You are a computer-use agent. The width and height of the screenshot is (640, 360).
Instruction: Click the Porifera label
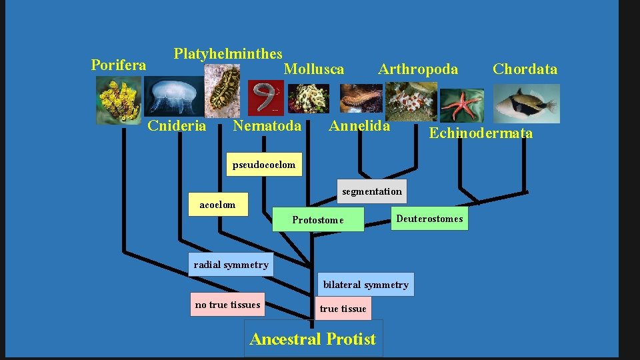(x=118, y=65)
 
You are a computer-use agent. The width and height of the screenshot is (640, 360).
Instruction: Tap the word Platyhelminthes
(x=228, y=54)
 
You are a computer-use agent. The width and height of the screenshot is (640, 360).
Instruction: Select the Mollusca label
(x=314, y=69)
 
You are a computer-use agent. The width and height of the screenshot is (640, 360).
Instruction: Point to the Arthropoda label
(x=418, y=69)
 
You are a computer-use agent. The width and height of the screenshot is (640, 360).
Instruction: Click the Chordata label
(x=525, y=69)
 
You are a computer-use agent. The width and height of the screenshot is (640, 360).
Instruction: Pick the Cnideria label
(x=177, y=126)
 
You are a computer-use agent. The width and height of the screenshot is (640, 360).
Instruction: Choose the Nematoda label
(x=267, y=126)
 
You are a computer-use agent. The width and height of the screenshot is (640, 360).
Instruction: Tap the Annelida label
(x=359, y=126)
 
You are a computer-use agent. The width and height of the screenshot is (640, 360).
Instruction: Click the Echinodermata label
(x=481, y=133)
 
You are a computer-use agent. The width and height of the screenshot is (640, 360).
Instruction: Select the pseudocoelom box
(x=264, y=165)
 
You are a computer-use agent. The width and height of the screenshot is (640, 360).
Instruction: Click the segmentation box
(x=372, y=191)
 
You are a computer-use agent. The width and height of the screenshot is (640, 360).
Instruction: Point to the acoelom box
(x=217, y=205)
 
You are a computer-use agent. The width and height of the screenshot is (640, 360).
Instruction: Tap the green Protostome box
(x=319, y=220)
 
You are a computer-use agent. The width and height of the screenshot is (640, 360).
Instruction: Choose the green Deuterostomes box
(x=429, y=219)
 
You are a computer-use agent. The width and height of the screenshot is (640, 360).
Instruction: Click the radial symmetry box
(x=231, y=265)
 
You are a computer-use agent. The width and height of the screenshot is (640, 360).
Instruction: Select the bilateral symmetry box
(x=366, y=285)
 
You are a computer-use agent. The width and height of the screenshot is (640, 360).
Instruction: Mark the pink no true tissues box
(x=227, y=305)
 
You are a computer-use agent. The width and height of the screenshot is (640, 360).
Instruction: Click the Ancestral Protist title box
(x=313, y=339)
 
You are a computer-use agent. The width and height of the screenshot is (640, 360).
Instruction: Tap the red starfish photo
(x=462, y=105)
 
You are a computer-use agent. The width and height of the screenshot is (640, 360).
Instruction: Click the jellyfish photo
(x=175, y=97)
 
